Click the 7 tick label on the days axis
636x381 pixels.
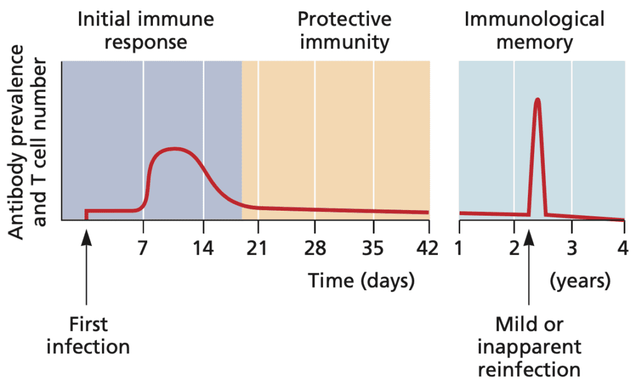(x=143, y=248)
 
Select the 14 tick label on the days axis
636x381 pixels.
(x=203, y=248)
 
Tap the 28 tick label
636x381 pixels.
(x=316, y=248)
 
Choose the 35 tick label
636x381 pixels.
(x=373, y=248)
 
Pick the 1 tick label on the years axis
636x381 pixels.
(x=459, y=248)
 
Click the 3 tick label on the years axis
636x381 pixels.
(x=572, y=248)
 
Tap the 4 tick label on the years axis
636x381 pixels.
(x=623, y=248)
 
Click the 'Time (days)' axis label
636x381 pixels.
(x=361, y=281)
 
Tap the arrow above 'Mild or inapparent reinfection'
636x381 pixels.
(x=529, y=267)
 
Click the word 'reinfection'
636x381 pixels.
(x=538, y=368)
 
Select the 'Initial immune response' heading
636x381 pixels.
(x=145, y=30)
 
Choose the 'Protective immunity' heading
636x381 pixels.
(x=343, y=30)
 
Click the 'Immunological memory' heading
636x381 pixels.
(x=534, y=30)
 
